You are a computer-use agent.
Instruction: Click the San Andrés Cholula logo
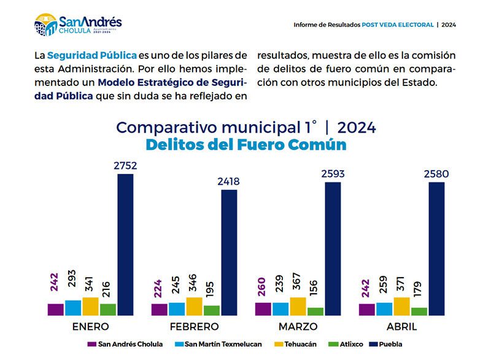[78, 25]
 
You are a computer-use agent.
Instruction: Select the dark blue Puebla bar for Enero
[125, 245]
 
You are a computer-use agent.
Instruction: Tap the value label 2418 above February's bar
[228, 181]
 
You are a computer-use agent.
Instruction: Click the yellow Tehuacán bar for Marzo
[298, 306]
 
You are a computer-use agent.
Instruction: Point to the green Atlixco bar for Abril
[419, 311]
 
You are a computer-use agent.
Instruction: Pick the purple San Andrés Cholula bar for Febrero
[159, 310]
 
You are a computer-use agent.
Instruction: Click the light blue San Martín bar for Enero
[72, 308]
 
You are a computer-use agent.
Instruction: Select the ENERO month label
[90, 326]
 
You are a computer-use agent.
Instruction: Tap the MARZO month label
[298, 326]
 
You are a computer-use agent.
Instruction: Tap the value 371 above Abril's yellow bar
[401, 284]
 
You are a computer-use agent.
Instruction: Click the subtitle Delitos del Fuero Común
[245, 145]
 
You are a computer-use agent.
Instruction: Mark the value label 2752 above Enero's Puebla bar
[125, 166]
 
